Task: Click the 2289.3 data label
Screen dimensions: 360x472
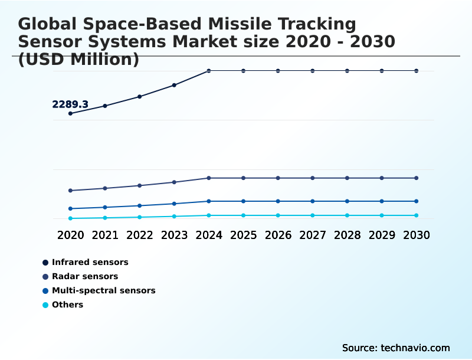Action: tap(70, 104)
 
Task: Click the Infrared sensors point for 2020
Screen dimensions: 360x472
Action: tap(71, 113)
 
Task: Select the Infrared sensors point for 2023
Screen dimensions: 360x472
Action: tap(174, 85)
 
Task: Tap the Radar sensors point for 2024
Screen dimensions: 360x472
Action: tap(209, 178)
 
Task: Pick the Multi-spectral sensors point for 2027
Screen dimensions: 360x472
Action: tap(313, 201)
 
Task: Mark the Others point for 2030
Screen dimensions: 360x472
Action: tap(417, 215)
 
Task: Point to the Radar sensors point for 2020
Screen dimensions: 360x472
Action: tap(71, 191)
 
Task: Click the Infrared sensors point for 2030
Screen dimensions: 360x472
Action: tap(417, 71)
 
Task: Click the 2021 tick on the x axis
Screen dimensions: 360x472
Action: tap(105, 235)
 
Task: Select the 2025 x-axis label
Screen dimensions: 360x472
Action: tap(243, 235)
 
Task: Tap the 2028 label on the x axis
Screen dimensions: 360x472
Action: tap(347, 235)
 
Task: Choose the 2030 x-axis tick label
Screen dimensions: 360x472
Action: tap(417, 235)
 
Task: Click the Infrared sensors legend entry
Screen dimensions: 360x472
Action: tap(90, 262)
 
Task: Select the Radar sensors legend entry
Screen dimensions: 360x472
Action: tap(85, 276)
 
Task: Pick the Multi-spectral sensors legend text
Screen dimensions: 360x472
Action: tap(103, 290)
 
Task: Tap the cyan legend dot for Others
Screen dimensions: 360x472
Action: tap(45, 305)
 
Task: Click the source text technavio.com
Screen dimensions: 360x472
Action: tap(396, 348)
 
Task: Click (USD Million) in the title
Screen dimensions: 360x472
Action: tap(78, 60)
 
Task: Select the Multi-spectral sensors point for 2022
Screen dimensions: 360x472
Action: tap(140, 205)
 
